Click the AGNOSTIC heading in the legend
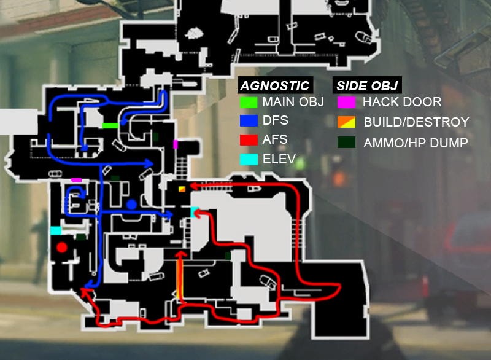(274, 85)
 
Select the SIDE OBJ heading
(367, 85)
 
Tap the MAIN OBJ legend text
(293, 102)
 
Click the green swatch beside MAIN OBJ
(249, 103)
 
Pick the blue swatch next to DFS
(249, 121)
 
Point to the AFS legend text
(275, 139)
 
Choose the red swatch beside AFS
(249, 139)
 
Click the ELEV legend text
(279, 159)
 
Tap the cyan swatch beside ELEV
(249, 159)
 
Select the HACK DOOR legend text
(402, 102)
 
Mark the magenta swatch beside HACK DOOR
(346, 102)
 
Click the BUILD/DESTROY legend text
(416, 122)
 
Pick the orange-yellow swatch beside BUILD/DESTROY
(346, 122)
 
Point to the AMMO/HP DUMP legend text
(416, 143)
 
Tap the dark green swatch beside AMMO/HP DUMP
(346, 143)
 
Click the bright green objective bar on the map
(110, 126)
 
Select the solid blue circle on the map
(132, 205)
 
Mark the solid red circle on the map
(62, 248)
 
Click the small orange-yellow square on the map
(182, 189)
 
